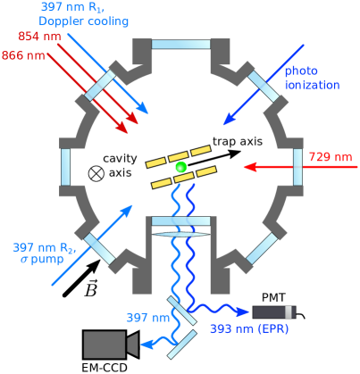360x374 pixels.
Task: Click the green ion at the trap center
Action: point(180,167)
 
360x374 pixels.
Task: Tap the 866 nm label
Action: point(23,55)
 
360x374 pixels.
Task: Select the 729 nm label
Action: point(330,157)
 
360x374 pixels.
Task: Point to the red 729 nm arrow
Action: point(268,167)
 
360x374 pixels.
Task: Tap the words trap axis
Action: point(237,141)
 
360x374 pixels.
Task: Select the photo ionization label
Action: point(312,78)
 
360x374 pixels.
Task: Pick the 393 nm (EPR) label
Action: point(249,328)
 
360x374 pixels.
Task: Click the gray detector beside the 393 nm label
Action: point(273,312)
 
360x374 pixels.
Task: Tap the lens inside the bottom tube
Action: point(181,234)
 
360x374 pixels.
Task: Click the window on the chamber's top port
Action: point(181,44)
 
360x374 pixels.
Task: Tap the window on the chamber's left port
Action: point(65,167)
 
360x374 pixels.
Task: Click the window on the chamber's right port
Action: point(297,167)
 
